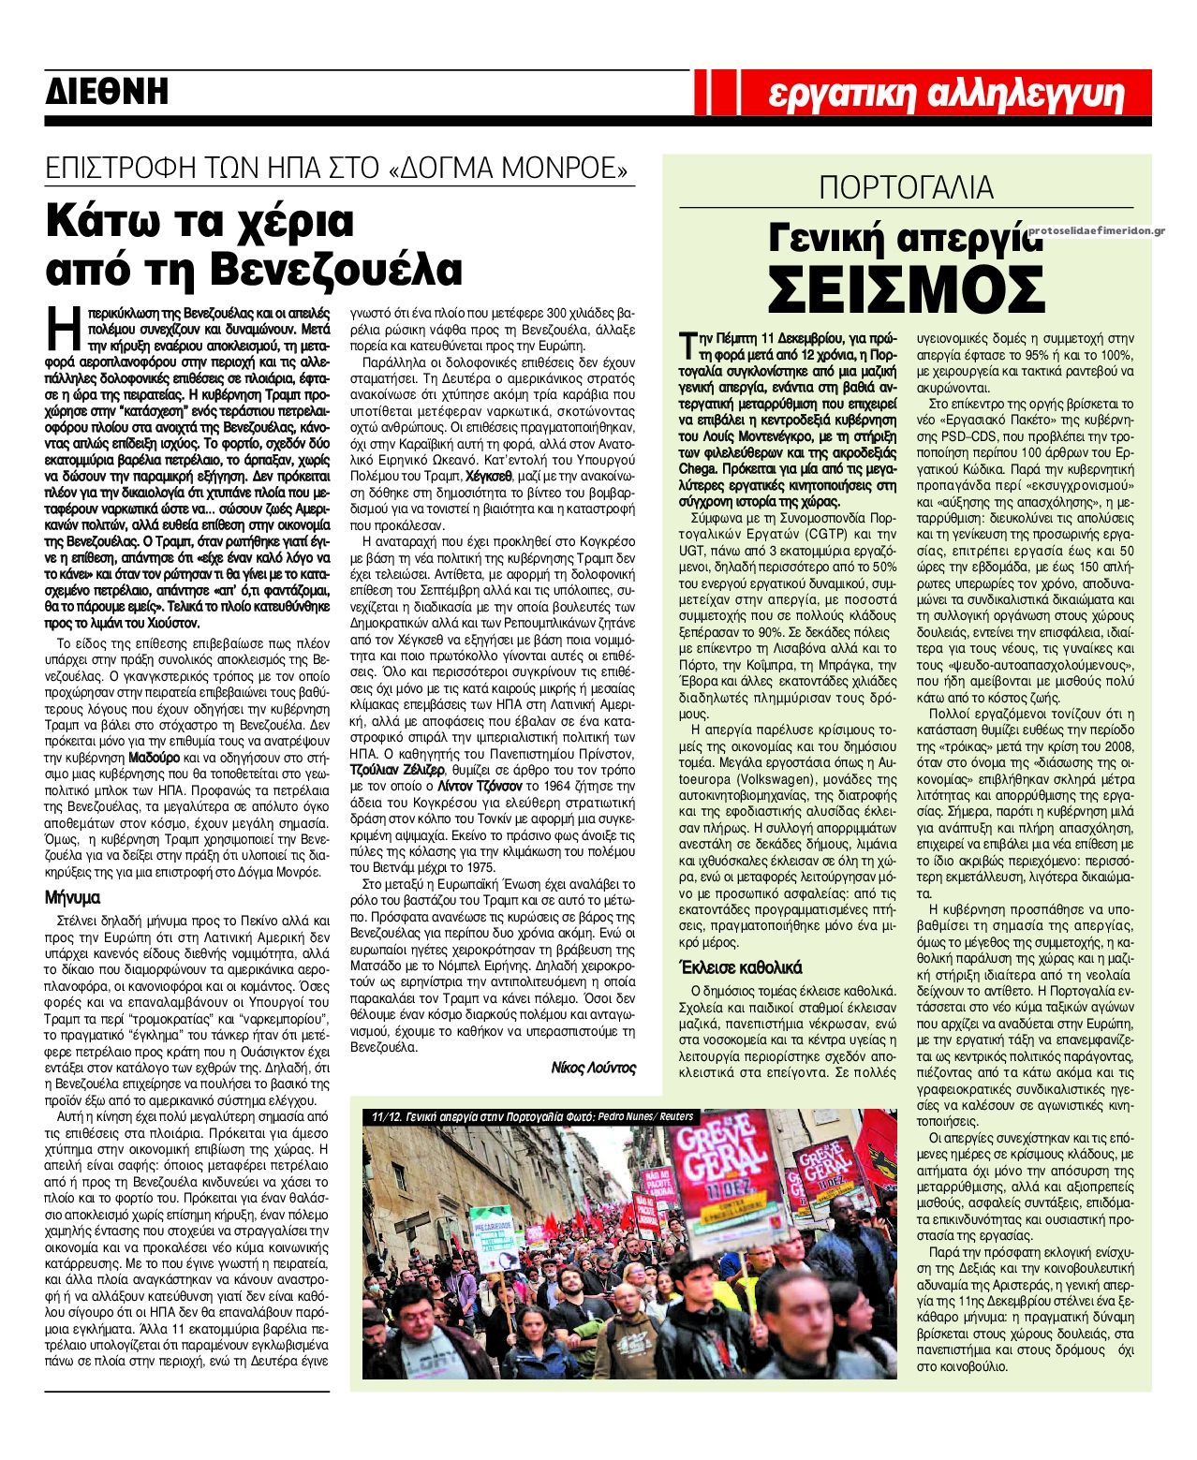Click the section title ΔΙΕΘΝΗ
coord(107,92)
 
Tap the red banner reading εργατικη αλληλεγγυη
coord(945,94)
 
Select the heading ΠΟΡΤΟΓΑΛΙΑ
coord(906,187)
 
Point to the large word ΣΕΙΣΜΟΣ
coord(906,290)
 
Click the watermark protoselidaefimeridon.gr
coord(1096,231)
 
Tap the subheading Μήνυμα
coord(72,897)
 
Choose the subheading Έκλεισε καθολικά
coord(739,967)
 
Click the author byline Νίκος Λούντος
coord(593,1068)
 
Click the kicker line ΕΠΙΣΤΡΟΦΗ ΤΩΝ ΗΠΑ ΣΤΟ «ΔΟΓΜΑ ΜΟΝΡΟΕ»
coord(338,169)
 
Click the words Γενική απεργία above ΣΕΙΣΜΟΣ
coord(904,238)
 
